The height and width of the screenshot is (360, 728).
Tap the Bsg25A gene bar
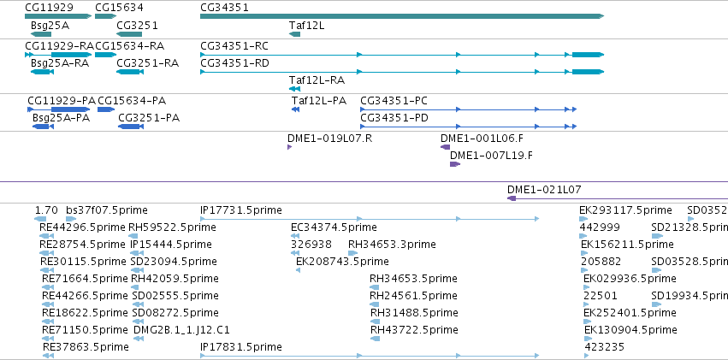(x=41, y=34)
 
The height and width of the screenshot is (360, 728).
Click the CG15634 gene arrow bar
(x=105, y=16)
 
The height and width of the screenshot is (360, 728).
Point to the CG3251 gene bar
(x=129, y=34)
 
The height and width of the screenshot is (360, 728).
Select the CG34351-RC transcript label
(x=234, y=46)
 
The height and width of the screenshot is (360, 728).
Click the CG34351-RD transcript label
(x=234, y=63)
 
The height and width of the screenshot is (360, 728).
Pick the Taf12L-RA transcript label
(x=317, y=80)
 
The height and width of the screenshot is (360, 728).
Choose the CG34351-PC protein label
(x=394, y=101)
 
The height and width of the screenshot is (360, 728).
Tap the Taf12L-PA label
(x=319, y=101)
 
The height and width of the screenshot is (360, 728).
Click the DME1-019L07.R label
(x=329, y=139)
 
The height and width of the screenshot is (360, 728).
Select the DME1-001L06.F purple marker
(x=445, y=147)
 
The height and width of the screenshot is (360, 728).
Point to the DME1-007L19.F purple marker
(x=455, y=164)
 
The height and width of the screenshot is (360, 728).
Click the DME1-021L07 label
(x=544, y=189)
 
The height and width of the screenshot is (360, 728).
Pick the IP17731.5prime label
(x=241, y=210)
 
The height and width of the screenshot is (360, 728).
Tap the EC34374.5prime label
(x=334, y=227)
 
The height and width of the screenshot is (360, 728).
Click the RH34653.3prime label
(x=392, y=245)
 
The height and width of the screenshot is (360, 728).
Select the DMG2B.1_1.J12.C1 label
(x=181, y=330)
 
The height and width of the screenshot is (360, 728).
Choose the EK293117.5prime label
(x=625, y=210)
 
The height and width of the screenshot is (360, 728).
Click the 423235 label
(x=605, y=347)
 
